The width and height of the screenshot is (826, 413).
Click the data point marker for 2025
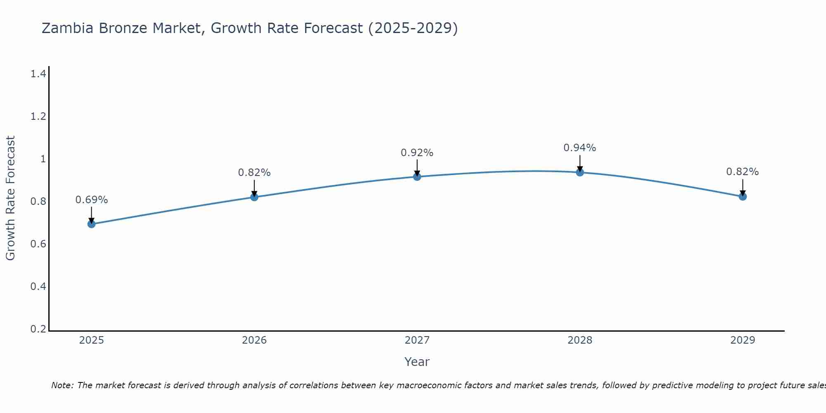[x=92, y=224]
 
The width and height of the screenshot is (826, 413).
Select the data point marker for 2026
[x=254, y=197]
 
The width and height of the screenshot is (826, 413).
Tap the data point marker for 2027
[x=417, y=177]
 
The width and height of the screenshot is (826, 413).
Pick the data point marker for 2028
[x=580, y=172]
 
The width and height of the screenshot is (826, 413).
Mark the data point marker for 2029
[x=743, y=197]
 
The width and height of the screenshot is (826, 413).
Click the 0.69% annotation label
[x=92, y=200]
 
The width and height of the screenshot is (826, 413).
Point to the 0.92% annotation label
[x=417, y=153]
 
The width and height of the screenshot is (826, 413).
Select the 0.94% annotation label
[x=580, y=148]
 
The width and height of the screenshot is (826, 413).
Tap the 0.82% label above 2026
[x=254, y=173]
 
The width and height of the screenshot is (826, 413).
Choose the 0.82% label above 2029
[x=743, y=172]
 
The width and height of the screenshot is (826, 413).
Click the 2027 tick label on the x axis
[x=417, y=340]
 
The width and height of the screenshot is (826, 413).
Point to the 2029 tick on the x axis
[x=743, y=340]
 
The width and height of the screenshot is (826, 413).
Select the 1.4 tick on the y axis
[x=38, y=74]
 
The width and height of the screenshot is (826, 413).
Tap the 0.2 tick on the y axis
[x=38, y=329]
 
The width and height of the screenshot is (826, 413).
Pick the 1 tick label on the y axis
[x=43, y=159]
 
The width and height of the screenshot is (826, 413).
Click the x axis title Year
[x=417, y=362]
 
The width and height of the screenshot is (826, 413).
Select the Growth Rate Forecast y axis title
[x=10, y=198]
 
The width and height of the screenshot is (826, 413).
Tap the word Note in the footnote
[x=62, y=385]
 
